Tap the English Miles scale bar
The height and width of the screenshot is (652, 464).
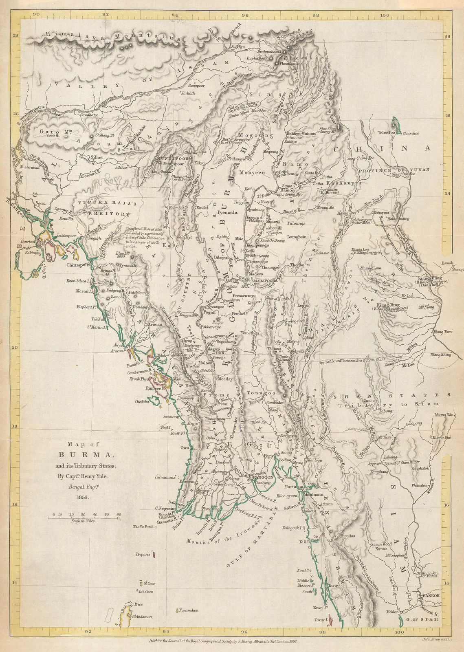84,518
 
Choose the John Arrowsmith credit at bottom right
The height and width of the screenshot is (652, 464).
436,639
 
